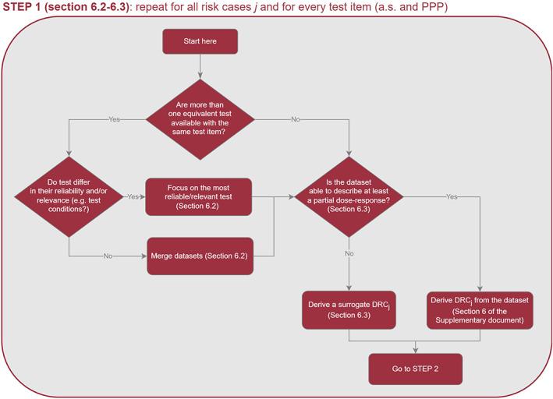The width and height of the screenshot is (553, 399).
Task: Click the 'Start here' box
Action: (x=200, y=42)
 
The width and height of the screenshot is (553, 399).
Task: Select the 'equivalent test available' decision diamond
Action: (x=200, y=119)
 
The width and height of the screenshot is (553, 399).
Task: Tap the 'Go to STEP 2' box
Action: (x=415, y=369)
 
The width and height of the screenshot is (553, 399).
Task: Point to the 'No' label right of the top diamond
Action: (x=296, y=119)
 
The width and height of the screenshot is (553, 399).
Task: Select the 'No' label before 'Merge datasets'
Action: (x=109, y=256)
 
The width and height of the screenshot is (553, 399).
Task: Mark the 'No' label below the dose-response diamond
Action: (x=349, y=252)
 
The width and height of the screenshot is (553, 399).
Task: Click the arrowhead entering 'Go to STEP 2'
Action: (x=415, y=351)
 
